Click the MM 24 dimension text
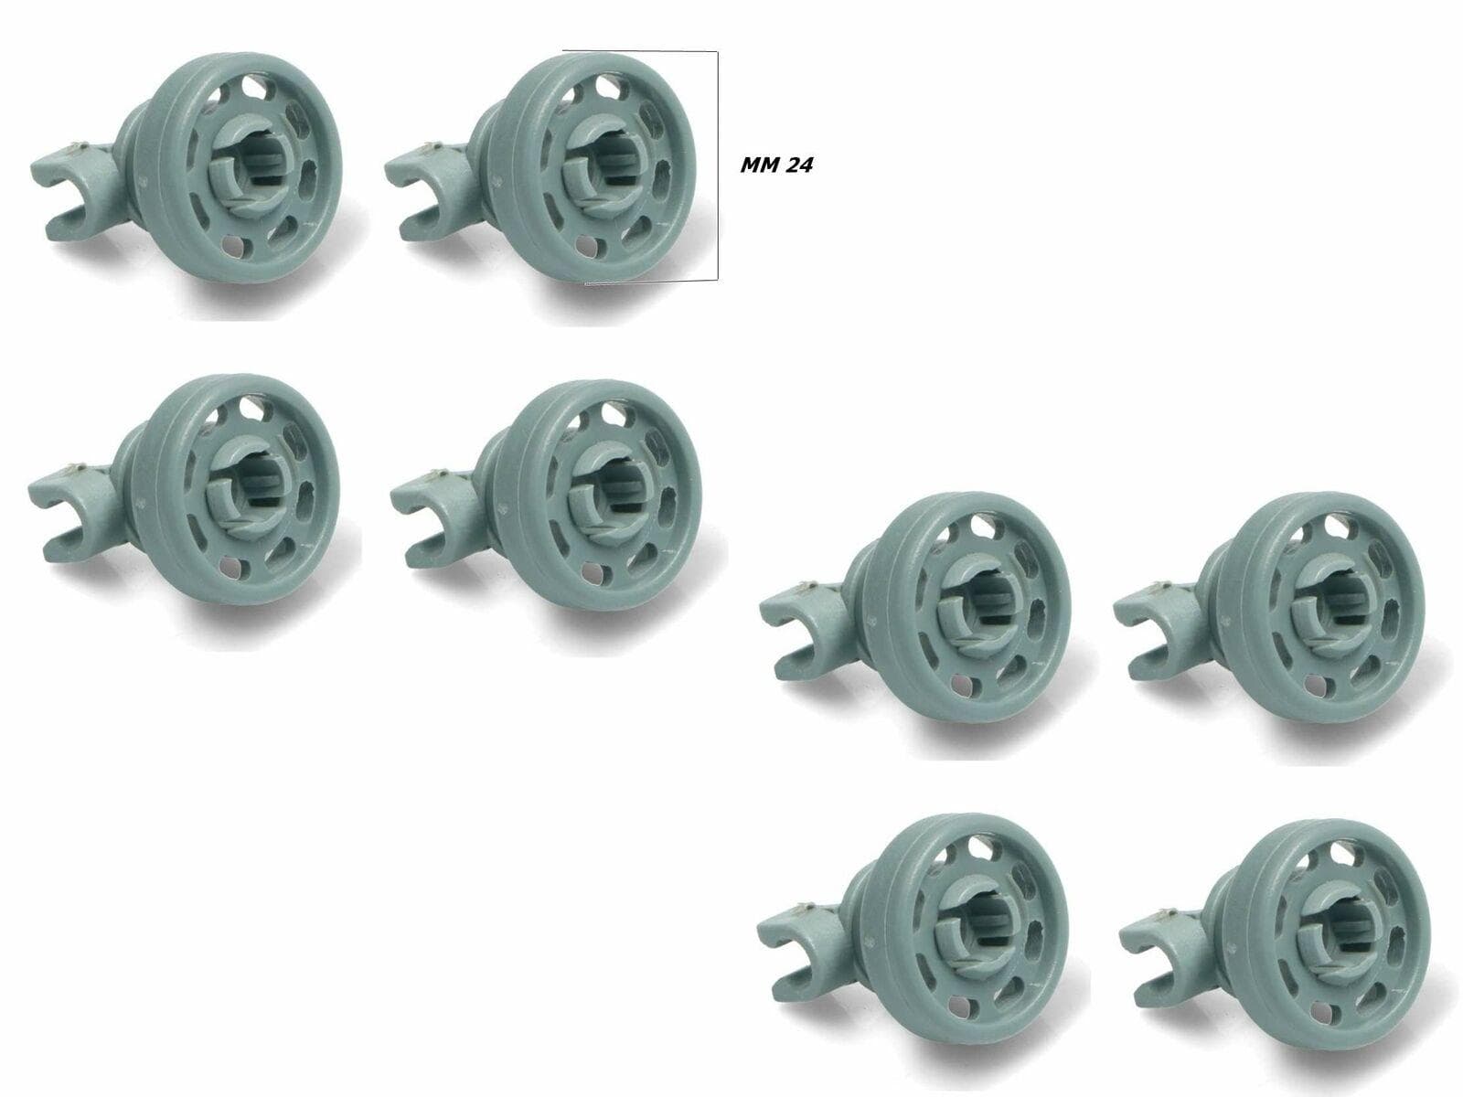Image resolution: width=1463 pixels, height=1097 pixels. (x=775, y=165)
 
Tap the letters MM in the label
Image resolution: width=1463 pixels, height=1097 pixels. (x=756, y=165)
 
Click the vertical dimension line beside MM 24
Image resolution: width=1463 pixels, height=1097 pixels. (x=717, y=165)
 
